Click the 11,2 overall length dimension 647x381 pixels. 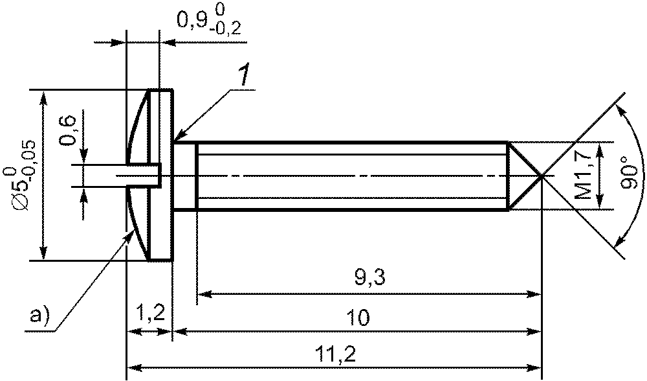coord(334,354)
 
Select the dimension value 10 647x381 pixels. coord(358,317)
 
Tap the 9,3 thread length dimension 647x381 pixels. coord(369,279)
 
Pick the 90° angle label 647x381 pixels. coord(630,173)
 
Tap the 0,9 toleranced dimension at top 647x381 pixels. coord(209,21)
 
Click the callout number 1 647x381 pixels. coord(244,76)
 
